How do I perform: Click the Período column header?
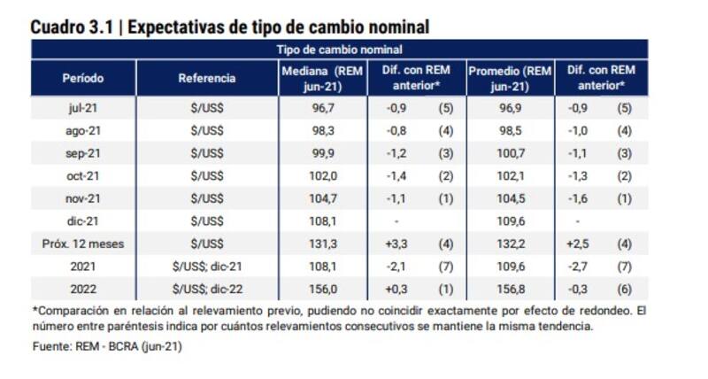83,78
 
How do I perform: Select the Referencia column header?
206,78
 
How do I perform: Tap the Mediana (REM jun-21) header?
323,78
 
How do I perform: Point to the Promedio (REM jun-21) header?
509,78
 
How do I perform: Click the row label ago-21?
82,129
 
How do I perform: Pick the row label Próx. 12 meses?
82,243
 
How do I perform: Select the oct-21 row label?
82,175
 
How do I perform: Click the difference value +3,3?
394,243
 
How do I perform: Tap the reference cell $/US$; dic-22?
206,289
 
